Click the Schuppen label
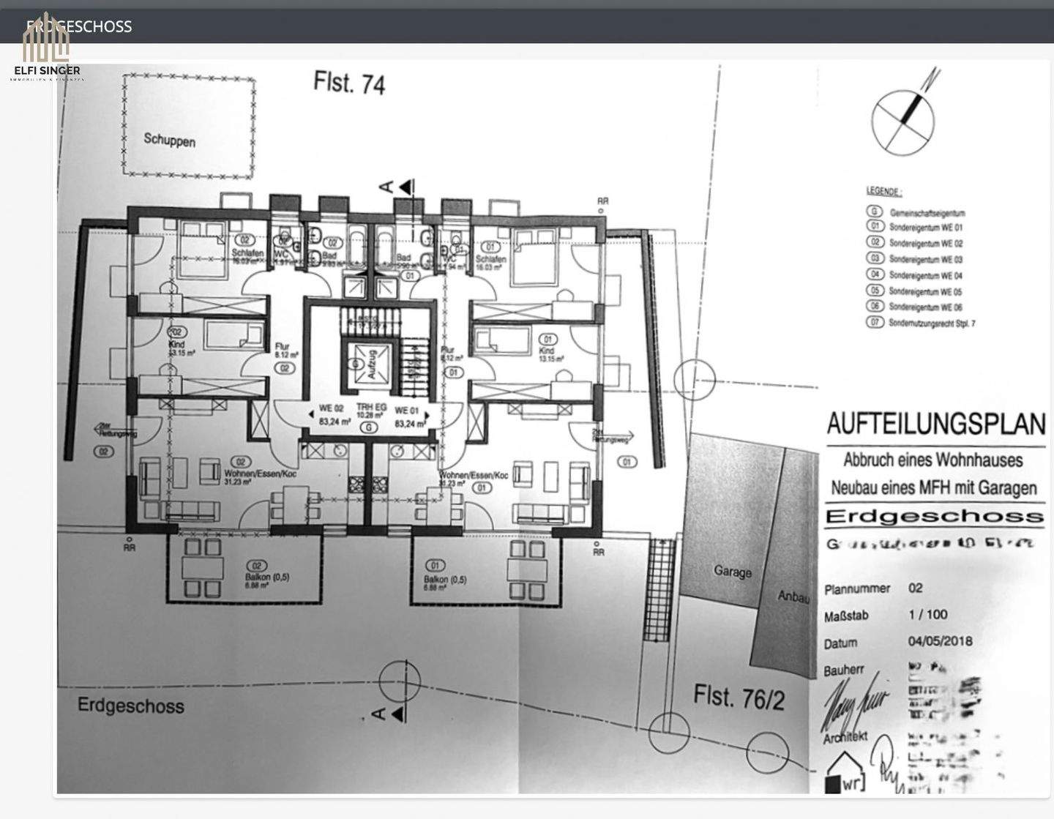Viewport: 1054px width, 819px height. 169,139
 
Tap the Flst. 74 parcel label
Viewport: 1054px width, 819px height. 349,82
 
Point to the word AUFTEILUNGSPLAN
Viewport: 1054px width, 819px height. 935,424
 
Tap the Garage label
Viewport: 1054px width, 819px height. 732,572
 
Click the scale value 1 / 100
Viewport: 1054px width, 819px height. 927,615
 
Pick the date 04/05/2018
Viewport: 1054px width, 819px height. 940,641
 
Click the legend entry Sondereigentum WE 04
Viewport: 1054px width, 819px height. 925,275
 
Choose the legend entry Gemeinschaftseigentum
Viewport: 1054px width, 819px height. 927,212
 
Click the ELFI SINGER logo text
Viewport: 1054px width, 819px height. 47,71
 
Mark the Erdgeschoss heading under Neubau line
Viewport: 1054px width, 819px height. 934,516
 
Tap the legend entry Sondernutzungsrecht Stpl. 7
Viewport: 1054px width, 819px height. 931,323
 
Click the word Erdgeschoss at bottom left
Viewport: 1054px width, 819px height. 131,706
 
